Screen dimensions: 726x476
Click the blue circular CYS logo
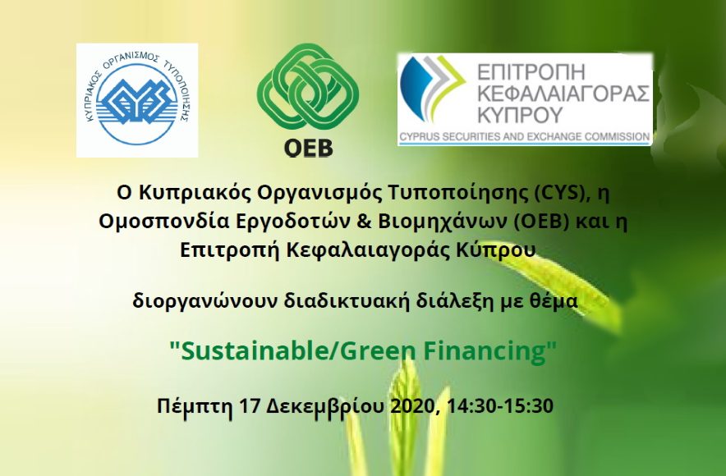(x=137, y=100)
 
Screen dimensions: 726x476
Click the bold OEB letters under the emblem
(x=308, y=147)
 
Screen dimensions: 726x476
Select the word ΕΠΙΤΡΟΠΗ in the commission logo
(x=531, y=72)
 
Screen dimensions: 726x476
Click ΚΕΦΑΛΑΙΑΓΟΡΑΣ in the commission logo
(x=563, y=93)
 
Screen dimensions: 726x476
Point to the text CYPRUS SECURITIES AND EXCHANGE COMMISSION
(x=525, y=137)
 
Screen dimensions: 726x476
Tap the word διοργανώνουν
(x=204, y=301)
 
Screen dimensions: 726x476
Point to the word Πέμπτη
(x=195, y=406)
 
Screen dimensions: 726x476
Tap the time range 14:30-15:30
(x=501, y=405)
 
